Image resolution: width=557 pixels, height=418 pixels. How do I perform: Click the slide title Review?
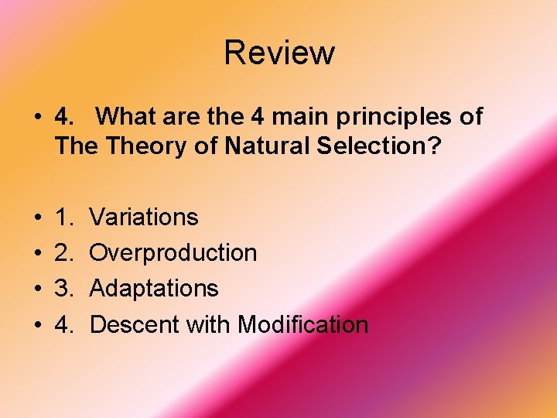point(279,53)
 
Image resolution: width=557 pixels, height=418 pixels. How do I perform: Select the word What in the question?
point(128,117)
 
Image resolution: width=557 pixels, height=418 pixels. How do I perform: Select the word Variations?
point(144,218)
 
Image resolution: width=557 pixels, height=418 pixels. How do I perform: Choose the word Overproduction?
point(173,253)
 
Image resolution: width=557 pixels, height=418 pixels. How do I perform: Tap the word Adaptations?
point(154,289)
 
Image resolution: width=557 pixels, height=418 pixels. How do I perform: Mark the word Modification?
point(302,324)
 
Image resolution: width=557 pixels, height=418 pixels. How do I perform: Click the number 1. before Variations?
point(64,218)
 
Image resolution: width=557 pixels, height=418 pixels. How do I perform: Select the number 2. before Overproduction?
point(64,253)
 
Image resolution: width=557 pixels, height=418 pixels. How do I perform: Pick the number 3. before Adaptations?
point(64,289)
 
